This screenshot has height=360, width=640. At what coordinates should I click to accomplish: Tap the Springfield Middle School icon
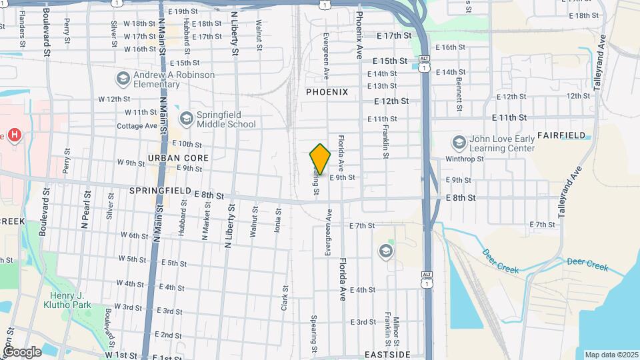pyautogui.click(x=186, y=119)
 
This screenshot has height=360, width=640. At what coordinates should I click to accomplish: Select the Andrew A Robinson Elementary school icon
pyautogui.click(x=122, y=79)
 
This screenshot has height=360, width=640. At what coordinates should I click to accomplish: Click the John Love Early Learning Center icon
pyautogui.click(x=459, y=143)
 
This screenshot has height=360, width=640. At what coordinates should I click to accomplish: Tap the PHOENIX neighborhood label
pyautogui.click(x=327, y=92)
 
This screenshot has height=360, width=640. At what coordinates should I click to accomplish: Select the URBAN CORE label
pyautogui.click(x=178, y=158)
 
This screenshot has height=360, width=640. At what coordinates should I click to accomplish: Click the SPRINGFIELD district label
pyautogui.click(x=160, y=191)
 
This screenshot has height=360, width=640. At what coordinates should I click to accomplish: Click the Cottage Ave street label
pyautogui.click(x=137, y=126)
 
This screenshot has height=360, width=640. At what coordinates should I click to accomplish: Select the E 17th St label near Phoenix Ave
pyautogui.click(x=394, y=35)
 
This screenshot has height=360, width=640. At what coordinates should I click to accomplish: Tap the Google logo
pyautogui.click(x=22, y=351)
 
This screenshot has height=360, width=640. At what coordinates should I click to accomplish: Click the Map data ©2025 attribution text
pyautogui.click(x=611, y=355)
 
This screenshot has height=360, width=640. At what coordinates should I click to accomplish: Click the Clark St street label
pyautogui.click(x=284, y=298)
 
